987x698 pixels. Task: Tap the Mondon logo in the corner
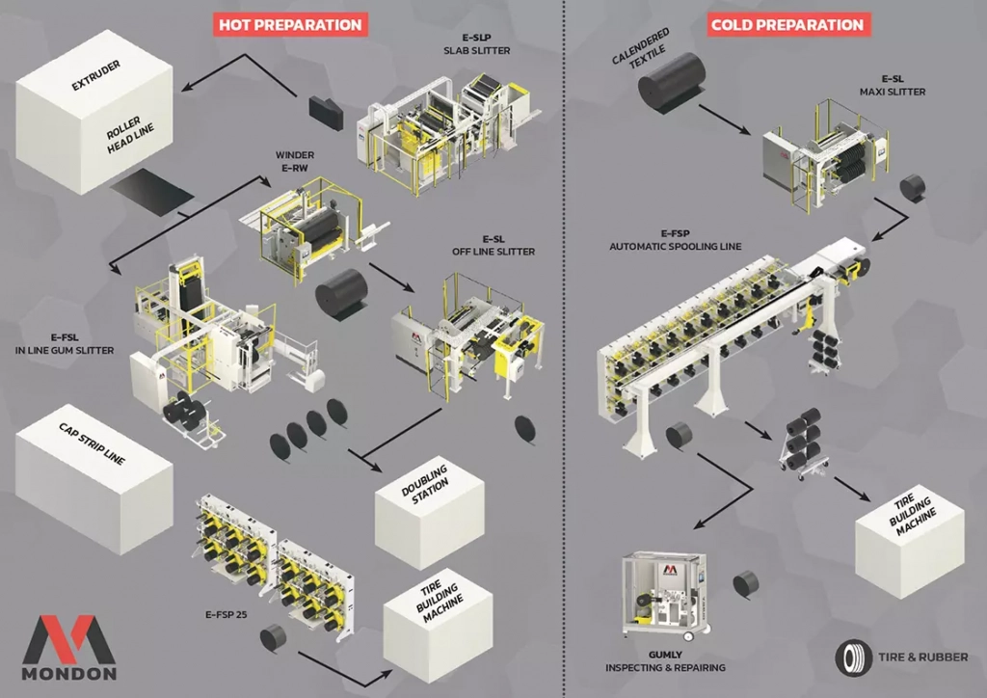pyautogui.click(x=68, y=646)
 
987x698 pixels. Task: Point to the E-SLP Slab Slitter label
pyautogui.click(x=476, y=43)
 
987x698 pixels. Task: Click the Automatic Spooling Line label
pyautogui.click(x=675, y=240)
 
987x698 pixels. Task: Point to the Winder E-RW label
pyautogui.click(x=294, y=159)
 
